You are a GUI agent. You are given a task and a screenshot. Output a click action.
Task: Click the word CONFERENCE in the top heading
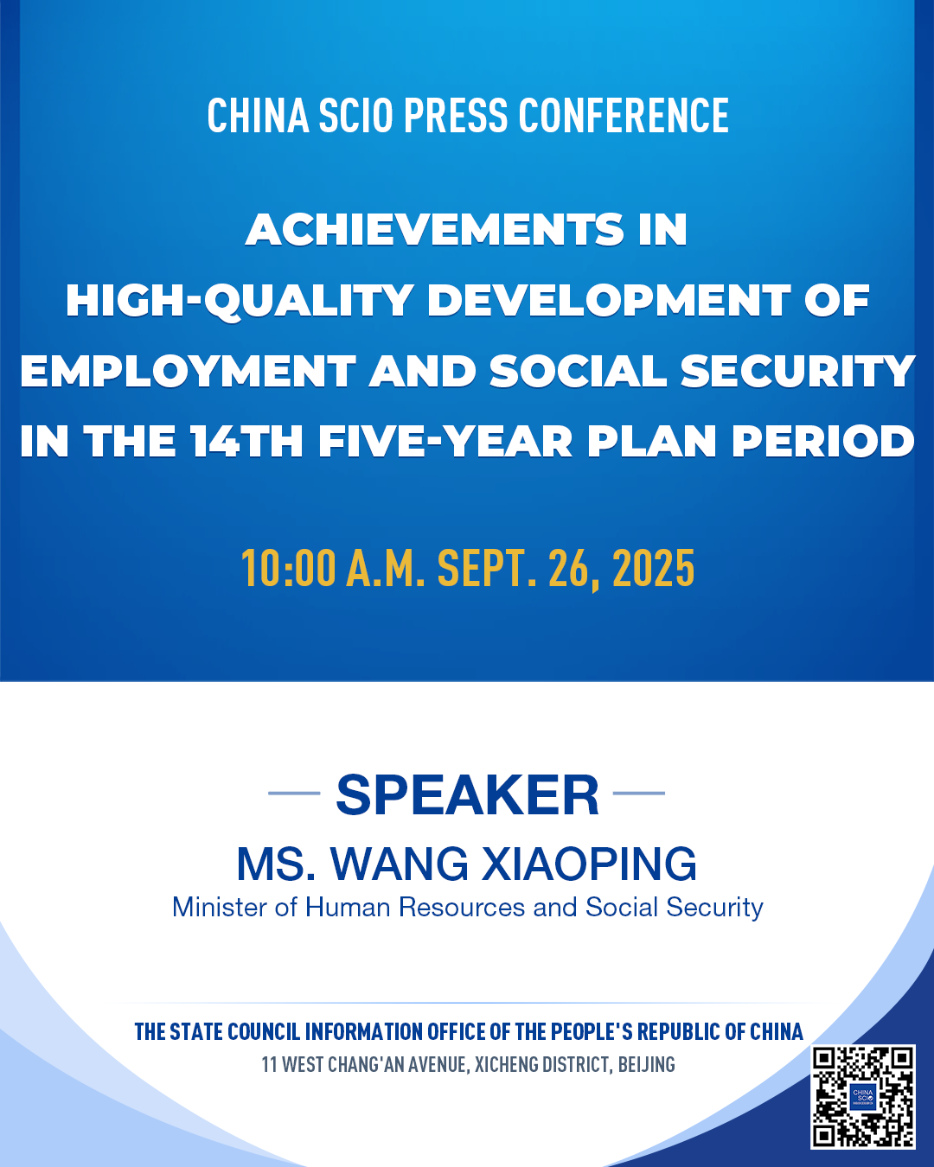[624, 115]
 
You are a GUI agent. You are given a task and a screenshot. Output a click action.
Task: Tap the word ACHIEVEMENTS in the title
[435, 229]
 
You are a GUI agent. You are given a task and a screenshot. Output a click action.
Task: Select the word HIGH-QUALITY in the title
[240, 301]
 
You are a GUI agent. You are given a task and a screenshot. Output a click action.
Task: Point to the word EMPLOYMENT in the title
[188, 372]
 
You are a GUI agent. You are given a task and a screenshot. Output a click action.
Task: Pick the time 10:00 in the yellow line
[288, 568]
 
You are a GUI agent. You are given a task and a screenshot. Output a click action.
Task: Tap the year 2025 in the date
[654, 568]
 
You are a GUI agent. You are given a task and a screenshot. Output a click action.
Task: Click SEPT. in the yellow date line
[487, 568]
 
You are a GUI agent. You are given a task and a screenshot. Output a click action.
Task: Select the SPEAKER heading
[467, 794]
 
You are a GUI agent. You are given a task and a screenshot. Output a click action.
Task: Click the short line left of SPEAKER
[294, 793]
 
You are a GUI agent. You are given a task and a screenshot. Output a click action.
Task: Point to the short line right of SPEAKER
[639, 793]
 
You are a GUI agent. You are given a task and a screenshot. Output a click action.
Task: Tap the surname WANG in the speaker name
[400, 864]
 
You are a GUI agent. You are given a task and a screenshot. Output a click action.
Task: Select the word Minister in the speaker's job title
[220, 908]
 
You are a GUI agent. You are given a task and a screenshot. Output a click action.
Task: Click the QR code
[863, 1096]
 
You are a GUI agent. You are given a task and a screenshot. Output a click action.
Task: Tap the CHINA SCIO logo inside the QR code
[863, 1096]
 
